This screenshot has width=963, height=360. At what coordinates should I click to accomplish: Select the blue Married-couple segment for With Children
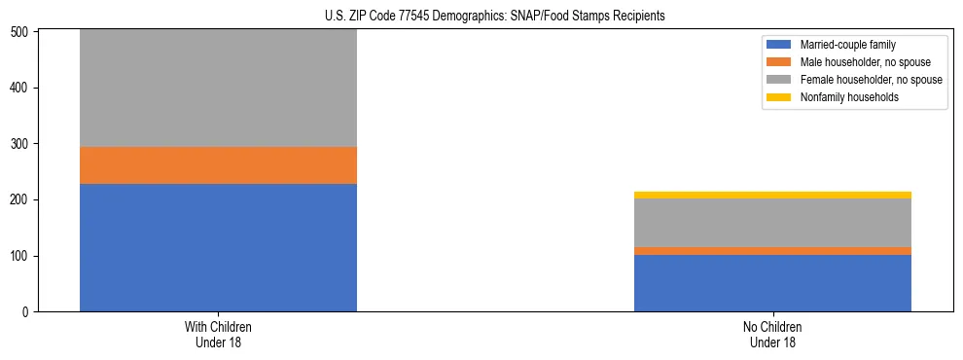tap(218, 247)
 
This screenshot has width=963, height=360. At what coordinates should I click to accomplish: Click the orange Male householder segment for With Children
tap(218, 165)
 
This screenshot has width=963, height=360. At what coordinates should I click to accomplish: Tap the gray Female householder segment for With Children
tap(218, 88)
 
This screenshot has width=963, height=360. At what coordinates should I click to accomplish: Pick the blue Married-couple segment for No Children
tap(772, 283)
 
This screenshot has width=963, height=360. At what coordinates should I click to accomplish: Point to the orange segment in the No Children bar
tap(772, 251)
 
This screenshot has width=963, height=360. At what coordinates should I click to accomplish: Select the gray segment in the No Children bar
tap(772, 223)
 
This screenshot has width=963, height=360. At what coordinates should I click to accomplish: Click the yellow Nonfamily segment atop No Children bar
tap(772, 195)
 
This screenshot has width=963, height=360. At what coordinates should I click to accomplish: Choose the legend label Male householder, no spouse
tap(857, 62)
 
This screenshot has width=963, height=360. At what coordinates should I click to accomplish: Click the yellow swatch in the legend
tap(779, 97)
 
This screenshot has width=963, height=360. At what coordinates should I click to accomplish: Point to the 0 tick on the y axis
tap(28, 312)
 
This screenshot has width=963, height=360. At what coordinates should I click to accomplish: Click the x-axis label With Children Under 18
tap(218, 334)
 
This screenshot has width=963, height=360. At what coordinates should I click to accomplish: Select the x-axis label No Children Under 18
tap(772, 334)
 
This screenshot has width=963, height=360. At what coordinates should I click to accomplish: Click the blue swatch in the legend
tap(779, 45)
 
